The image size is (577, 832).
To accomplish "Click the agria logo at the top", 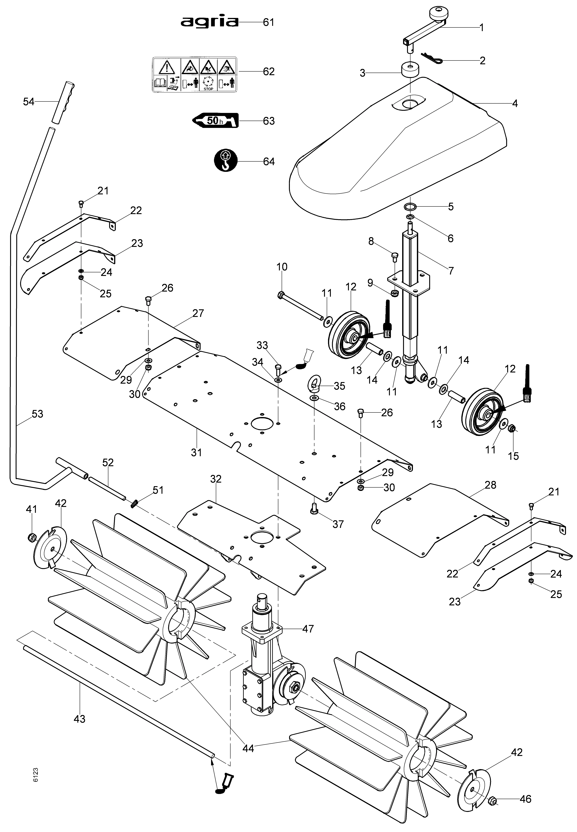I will (210, 22).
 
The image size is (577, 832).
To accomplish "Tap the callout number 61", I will (269, 22).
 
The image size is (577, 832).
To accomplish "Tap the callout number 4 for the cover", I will (515, 104).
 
